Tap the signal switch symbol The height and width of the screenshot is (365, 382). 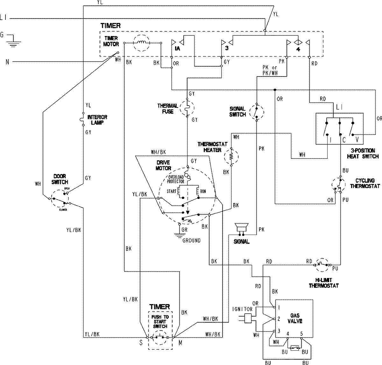(257, 111)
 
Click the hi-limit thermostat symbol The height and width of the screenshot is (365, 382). (322, 264)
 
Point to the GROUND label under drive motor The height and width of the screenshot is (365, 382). (191, 240)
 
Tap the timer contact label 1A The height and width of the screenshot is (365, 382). (177, 49)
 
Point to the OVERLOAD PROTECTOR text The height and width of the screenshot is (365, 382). (176, 179)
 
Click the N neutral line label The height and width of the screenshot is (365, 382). (7, 62)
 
